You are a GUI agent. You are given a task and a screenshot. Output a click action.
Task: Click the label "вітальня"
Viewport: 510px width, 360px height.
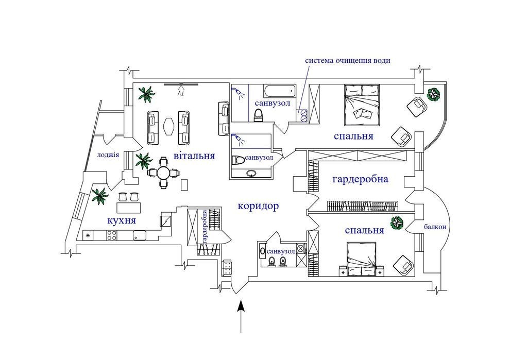pos(194,156)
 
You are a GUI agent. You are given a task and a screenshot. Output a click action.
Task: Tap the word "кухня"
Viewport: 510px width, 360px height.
pos(121,220)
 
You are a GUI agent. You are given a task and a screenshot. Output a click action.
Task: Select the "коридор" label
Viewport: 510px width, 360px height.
pos(258,207)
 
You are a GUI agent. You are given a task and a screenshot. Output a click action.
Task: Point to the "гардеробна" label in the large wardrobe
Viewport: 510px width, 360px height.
pos(360,180)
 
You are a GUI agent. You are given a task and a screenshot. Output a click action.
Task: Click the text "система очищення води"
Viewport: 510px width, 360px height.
pos(348,60)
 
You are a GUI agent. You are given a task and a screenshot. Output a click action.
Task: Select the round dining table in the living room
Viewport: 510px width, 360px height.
pos(163,173)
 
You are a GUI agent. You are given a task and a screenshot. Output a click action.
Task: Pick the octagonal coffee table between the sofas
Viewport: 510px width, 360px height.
pos(168,126)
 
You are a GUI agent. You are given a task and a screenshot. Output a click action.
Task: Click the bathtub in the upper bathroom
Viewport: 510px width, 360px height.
pos(278,92)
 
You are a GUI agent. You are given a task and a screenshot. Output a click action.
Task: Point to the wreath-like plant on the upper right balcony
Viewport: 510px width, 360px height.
pos(434,94)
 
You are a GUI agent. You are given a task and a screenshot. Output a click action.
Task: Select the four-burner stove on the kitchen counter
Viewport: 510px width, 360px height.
pos(112,235)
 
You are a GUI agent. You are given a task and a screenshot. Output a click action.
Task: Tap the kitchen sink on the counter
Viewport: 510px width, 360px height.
pos(140,235)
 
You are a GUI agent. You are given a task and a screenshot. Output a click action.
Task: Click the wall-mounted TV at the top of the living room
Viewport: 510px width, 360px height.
pos(181,84)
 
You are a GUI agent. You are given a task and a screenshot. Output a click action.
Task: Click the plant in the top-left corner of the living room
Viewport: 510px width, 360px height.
pos(146,94)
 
